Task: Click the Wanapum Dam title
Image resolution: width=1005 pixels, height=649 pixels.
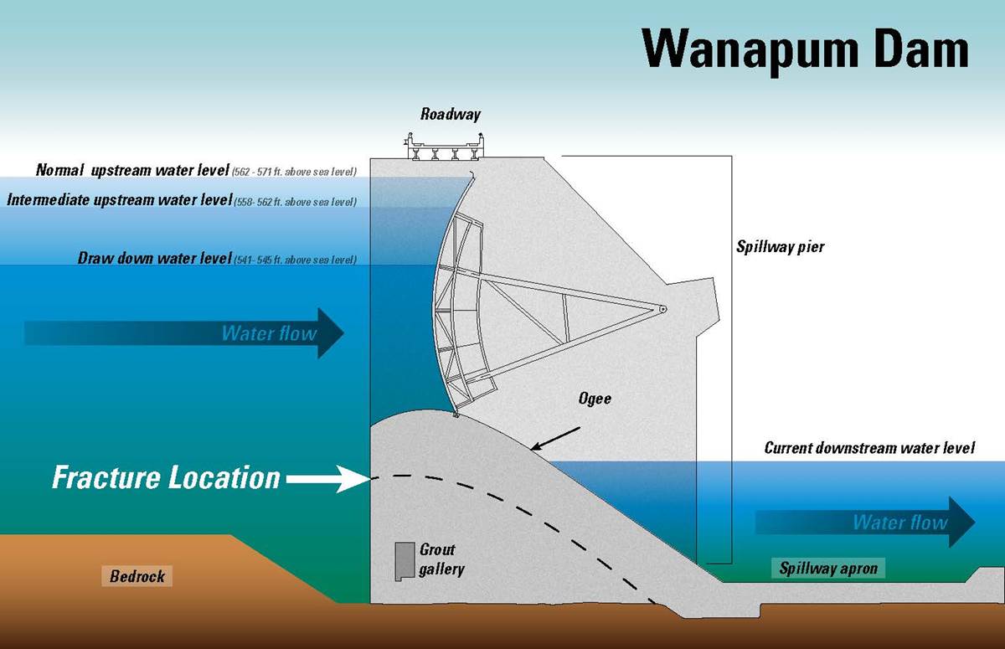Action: coord(805,49)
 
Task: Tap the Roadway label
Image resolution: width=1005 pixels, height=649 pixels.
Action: coord(451,114)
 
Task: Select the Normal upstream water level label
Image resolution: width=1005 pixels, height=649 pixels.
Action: coord(132,171)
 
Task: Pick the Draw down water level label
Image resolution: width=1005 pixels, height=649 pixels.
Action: coord(154,259)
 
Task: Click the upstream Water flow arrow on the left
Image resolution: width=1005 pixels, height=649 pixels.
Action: coord(184,333)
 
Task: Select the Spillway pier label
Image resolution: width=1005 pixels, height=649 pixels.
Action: coord(781,247)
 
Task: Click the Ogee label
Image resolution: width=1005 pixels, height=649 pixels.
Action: coord(594,398)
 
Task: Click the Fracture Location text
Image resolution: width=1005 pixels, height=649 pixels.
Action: coord(166,478)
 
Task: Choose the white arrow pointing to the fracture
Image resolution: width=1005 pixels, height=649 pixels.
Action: coord(326,479)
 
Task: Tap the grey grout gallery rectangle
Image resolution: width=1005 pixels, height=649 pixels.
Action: coord(406,561)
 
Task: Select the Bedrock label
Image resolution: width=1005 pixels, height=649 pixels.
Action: coord(137,576)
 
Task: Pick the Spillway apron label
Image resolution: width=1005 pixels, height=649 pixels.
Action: coord(828,569)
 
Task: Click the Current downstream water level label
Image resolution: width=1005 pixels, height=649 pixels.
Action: coord(869,448)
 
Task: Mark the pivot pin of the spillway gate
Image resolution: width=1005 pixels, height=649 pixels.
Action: coord(662,308)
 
